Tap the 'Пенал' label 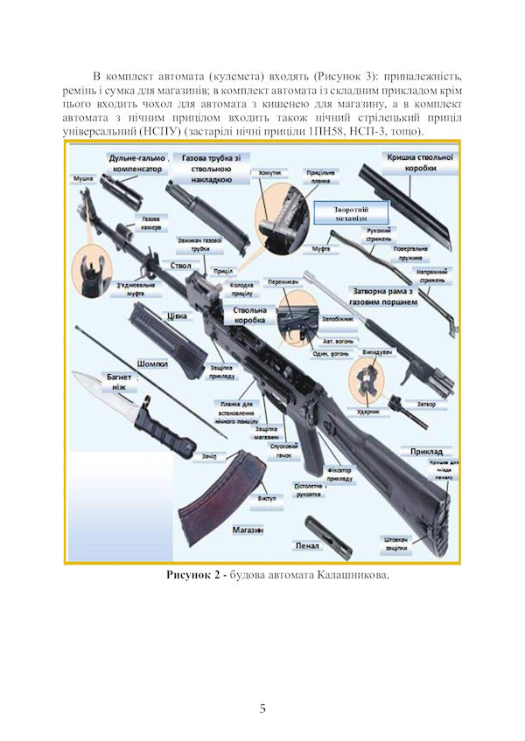coord(308,546)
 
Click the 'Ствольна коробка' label coord(251,315)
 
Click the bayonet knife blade coord(96,388)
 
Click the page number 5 coord(262,708)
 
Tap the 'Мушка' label coord(83,177)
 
